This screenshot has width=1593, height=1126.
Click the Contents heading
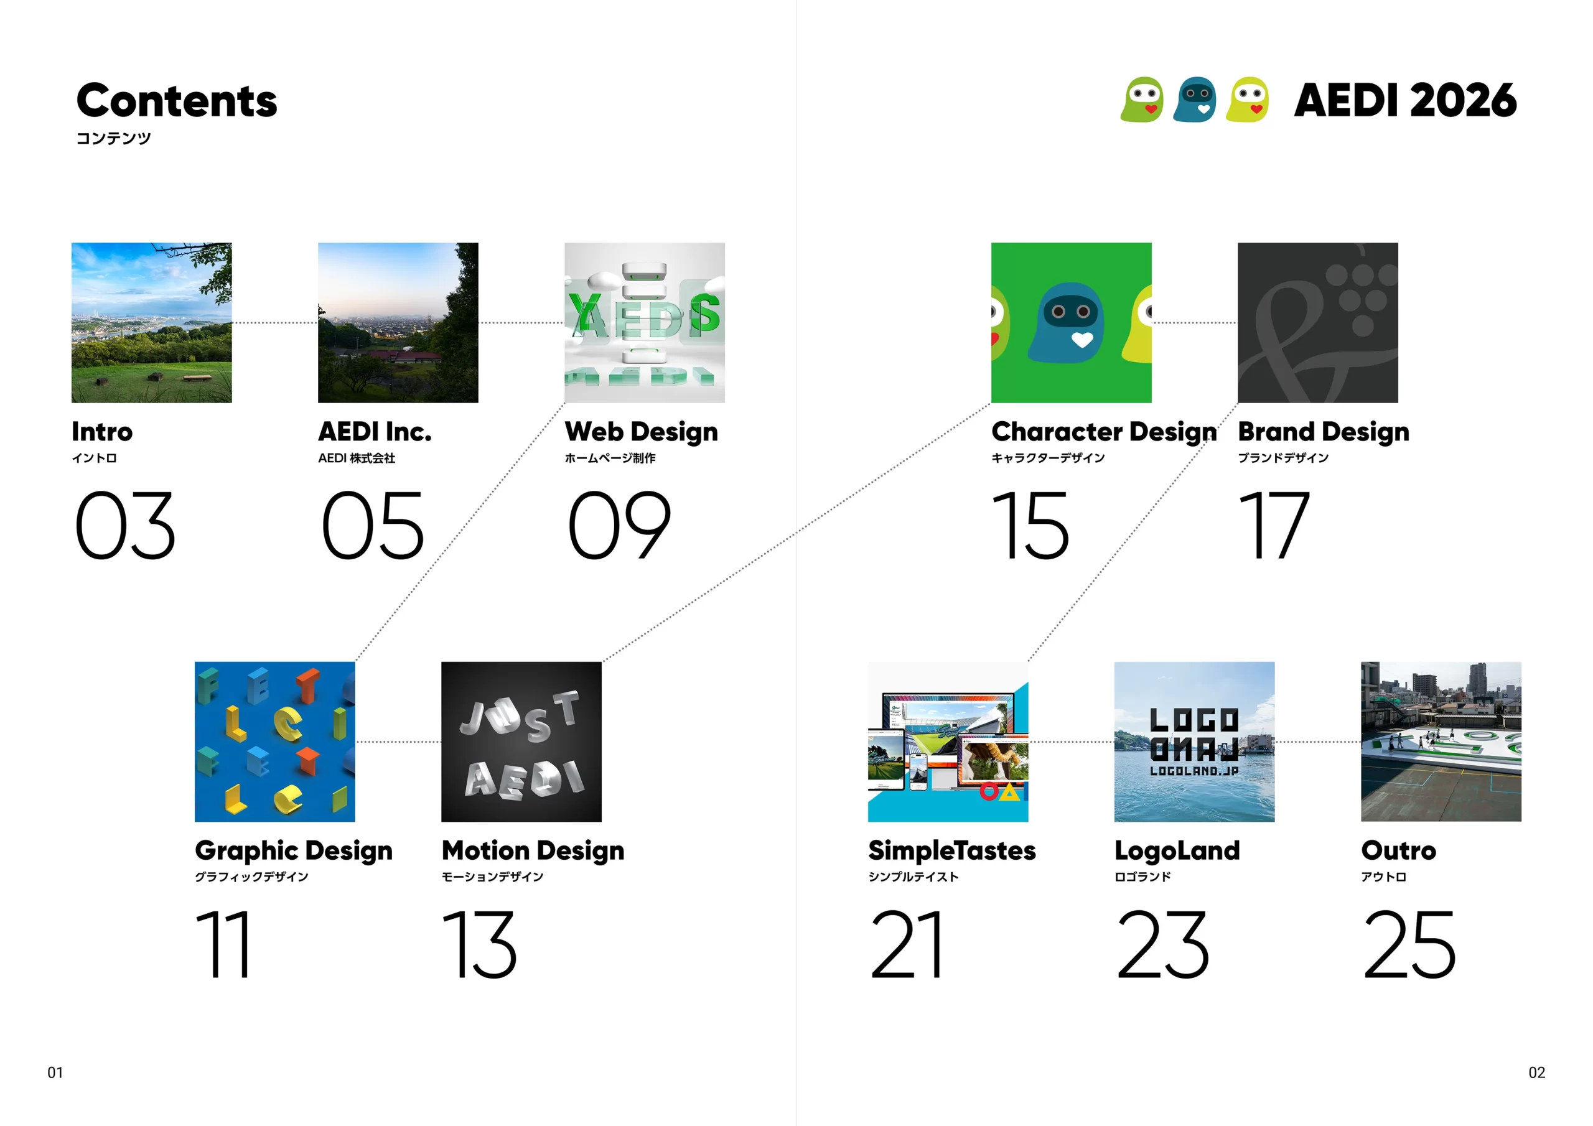pos(176,101)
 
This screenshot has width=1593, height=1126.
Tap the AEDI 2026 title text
pos(1406,101)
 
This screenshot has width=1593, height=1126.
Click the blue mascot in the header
pos(1195,99)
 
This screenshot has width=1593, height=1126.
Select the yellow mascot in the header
pos(1248,99)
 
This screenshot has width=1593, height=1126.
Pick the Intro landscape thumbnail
pos(152,323)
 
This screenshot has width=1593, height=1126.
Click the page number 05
pos(373,525)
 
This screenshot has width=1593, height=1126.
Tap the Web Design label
pos(641,432)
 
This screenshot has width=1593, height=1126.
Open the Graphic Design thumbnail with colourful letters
pos(275,742)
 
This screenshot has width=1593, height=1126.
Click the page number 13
pos(479,944)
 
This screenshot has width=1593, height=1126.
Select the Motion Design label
pos(533,851)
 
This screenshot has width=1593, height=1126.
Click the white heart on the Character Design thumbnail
pos(1082,340)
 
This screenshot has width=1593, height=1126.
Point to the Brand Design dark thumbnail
pos(1317,323)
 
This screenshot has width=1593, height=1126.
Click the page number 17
pos(1274,525)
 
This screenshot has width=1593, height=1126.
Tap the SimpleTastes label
pos(952,850)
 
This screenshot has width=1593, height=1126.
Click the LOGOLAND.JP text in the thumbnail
pos(1194,771)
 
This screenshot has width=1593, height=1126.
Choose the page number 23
pos(1163,944)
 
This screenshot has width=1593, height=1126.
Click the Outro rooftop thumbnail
pos(1441,742)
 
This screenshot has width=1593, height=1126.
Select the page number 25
pos(1409,944)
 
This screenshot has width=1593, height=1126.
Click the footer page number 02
pos(1537,1072)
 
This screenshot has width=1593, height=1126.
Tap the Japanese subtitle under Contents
pos(113,138)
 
